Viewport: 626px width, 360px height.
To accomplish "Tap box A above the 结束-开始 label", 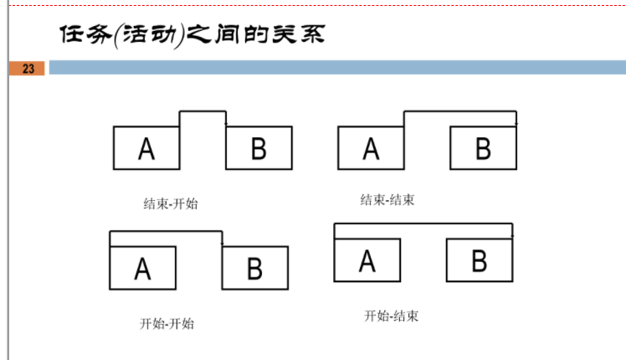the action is (146, 148).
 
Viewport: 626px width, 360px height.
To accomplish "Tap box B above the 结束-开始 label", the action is (259, 148).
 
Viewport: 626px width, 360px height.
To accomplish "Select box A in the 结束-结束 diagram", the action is (371, 148).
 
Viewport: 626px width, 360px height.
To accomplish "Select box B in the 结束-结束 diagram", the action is (483, 148).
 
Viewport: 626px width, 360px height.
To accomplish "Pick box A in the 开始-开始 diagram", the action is (142, 268).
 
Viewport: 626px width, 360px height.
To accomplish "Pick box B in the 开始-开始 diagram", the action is (254, 268).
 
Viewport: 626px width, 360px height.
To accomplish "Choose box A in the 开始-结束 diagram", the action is (367, 260).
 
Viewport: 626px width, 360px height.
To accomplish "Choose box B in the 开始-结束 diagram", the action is (479, 260).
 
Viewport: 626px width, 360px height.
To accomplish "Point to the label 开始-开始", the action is (167, 323).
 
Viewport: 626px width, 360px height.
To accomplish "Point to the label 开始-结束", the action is (391, 316).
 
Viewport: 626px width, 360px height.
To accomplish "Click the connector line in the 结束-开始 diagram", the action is (203, 111).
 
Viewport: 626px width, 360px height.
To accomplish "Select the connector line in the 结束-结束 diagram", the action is (460, 111).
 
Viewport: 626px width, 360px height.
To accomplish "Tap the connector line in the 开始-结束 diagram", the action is (423, 224).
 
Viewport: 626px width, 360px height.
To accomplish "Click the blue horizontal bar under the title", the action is (335, 68).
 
